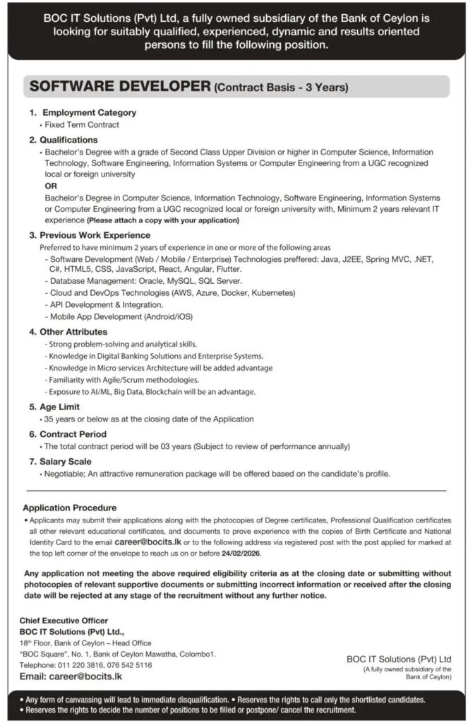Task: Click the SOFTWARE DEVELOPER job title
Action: pyautogui.click(x=119, y=88)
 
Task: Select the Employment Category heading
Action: pyautogui.click(x=90, y=112)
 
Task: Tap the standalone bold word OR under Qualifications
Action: pyautogui.click(x=51, y=185)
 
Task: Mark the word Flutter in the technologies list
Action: pyautogui.click(x=227, y=269)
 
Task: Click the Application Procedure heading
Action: pyautogui.click(x=70, y=508)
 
